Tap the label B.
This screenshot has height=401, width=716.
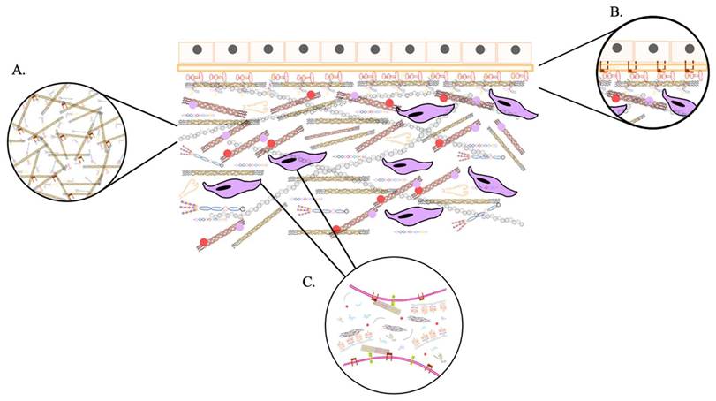[x=615, y=11]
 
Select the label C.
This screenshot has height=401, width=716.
[x=309, y=282]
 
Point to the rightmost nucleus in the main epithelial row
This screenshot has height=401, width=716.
[x=515, y=51]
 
